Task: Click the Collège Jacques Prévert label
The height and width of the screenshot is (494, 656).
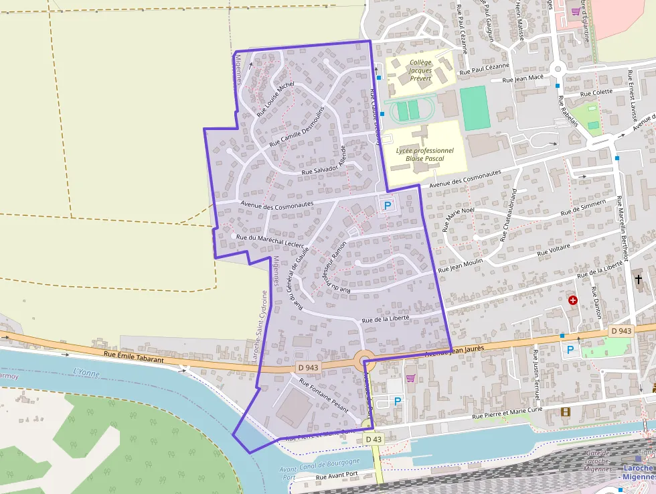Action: [x=421, y=70]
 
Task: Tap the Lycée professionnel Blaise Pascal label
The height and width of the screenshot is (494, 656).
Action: [x=424, y=154]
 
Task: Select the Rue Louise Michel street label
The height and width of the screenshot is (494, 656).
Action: [x=275, y=99]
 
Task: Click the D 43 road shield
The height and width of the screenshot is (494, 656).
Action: [x=374, y=438]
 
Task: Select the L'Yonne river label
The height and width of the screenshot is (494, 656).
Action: [x=85, y=372]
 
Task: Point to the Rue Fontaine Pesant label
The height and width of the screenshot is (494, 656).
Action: [x=324, y=395]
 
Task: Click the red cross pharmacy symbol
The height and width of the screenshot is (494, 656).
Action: [x=572, y=300]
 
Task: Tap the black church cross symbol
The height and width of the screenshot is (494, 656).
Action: [x=639, y=279]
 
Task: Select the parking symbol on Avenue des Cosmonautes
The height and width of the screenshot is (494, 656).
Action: [x=387, y=206]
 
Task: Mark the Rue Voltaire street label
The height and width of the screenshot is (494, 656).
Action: [x=556, y=252]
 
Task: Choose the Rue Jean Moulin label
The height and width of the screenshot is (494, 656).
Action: [x=460, y=265]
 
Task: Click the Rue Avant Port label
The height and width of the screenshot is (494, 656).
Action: [x=338, y=476]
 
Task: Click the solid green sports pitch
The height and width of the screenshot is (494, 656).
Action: [x=475, y=108]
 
